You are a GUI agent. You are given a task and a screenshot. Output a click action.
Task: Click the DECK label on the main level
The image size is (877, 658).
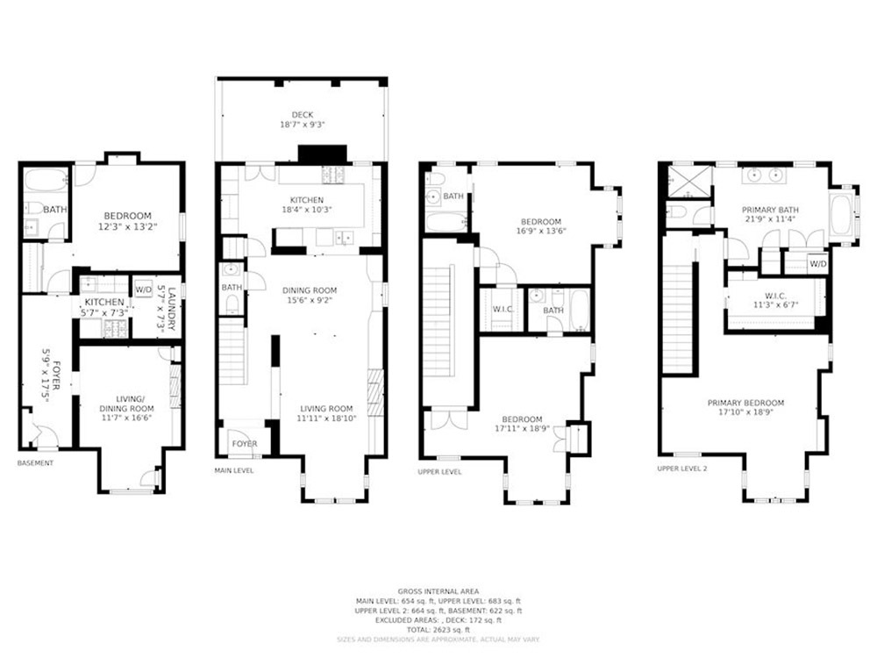coord(302,114)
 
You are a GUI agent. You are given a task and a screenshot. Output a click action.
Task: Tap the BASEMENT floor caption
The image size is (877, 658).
coord(36,463)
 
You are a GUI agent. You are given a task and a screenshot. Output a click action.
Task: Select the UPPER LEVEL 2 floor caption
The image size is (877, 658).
coord(687,468)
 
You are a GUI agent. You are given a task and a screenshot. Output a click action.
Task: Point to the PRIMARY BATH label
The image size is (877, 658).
coord(770,209)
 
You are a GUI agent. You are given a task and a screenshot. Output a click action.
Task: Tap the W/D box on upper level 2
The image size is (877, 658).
coord(817,263)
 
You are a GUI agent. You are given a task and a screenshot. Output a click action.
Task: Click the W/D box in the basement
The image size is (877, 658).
coord(142,290)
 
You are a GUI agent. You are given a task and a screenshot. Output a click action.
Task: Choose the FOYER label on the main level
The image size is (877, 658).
coord(245,444)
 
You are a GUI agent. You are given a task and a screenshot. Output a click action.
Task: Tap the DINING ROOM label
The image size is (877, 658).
coord(309,290)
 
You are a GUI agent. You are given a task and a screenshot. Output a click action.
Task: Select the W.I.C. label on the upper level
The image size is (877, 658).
coord(501,310)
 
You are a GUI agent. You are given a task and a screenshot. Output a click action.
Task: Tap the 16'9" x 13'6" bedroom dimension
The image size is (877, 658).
coord(540,233)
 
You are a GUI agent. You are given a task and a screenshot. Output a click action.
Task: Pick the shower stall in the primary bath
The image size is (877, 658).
coord(688,182)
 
